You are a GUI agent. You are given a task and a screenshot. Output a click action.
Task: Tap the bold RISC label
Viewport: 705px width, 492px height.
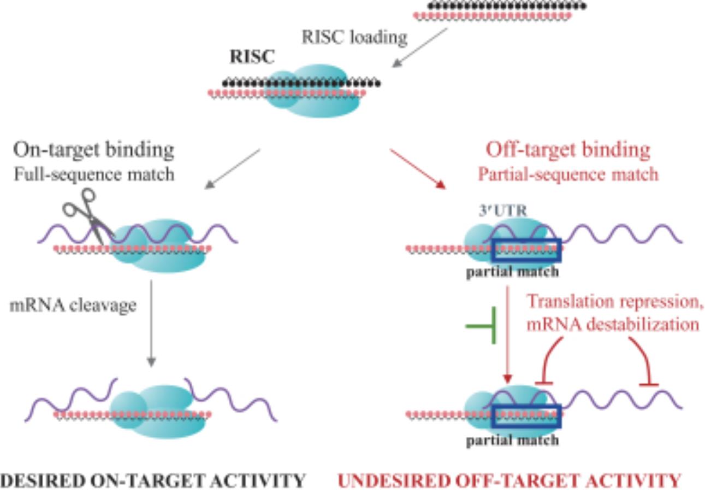[x=252, y=56]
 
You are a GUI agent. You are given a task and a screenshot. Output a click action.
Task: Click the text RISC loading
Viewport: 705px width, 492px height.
[x=354, y=37]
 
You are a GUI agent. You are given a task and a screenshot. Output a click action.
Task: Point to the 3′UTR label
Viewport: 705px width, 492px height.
[x=503, y=210]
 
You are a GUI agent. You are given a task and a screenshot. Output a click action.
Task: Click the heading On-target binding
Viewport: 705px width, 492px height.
[x=94, y=149]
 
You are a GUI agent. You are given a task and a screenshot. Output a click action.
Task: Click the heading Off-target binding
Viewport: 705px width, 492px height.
[x=568, y=149]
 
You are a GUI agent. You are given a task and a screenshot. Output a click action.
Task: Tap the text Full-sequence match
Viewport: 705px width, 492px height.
[x=94, y=174]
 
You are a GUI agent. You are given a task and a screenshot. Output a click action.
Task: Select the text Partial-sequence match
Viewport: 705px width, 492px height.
[x=568, y=174]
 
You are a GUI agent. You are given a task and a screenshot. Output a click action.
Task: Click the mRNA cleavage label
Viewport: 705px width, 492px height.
[x=73, y=305]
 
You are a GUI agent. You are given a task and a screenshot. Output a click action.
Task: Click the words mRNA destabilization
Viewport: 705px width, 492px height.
[x=613, y=324]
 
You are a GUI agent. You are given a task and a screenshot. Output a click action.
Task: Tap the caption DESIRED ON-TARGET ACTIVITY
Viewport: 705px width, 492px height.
[x=153, y=481]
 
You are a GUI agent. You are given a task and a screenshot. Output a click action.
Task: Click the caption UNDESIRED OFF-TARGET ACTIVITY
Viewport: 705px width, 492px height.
[x=509, y=481]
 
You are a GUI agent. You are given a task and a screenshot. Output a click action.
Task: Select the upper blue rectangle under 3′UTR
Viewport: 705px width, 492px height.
[x=526, y=250]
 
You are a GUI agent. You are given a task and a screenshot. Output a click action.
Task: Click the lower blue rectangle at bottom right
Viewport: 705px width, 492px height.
[x=526, y=415]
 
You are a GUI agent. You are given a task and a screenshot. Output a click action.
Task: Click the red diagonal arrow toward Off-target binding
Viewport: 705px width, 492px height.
[x=418, y=169]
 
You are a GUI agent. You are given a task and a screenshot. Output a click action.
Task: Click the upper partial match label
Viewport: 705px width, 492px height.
[x=512, y=272]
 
